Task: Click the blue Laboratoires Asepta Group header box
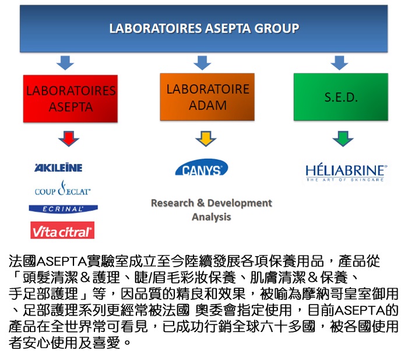pyautogui.click(x=204, y=29)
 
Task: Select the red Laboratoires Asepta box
pyautogui.click(x=71, y=99)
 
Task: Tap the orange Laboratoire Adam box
pyautogui.click(x=207, y=97)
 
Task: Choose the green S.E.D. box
pyautogui.click(x=341, y=97)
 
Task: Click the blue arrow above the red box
pyautogui.click(x=65, y=62)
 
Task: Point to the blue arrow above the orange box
pyautogui.click(x=202, y=62)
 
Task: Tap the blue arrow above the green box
pyautogui.click(x=339, y=62)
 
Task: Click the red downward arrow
pyautogui.click(x=69, y=139)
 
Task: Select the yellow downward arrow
pyautogui.click(x=206, y=139)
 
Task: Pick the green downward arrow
pyautogui.click(x=343, y=139)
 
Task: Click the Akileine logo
pyautogui.click(x=58, y=167)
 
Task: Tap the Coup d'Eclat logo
pyautogui.click(x=63, y=188)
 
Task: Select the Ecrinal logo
pyautogui.click(x=63, y=209)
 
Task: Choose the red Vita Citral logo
pyautogui.click(x=62, y=230)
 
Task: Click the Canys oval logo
pyautogui.click(x=202, y=167)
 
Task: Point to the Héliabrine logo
pyautogui.click(x=346, y=173)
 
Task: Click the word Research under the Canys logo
pyautogui.click(x=173, y=203)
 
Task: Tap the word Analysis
pyautogui.click(x=211, y=216)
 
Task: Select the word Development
pyautogui.click(x=240, y=203)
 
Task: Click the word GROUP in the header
pyautogui.click(x=277, y=29)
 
